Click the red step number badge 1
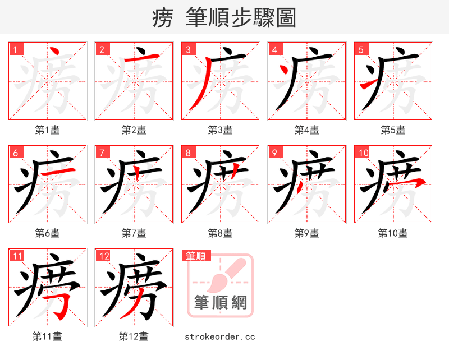pos(15,49)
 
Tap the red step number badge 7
pos(102,153)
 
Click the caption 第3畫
pos(220,130)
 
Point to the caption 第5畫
pos(393,130)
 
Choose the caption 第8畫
pos(220,233)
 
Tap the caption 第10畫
pos(393,233)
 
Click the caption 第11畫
pos(47,336)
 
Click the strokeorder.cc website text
pos(220,336)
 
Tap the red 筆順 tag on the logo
pos(196,256)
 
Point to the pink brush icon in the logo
pos(227,275)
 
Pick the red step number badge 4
pos(274,49)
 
